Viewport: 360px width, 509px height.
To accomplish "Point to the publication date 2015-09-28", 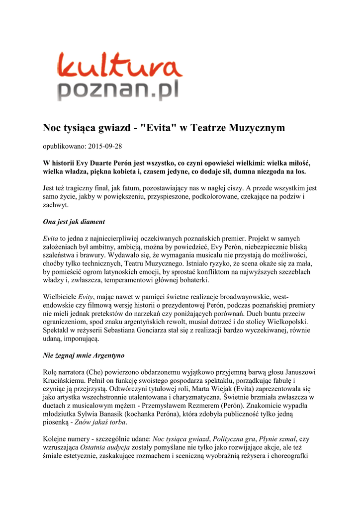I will (105, 146).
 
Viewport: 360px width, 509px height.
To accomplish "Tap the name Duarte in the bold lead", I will (111, 163).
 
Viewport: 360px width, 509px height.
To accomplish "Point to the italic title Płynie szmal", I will (278, 439).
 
